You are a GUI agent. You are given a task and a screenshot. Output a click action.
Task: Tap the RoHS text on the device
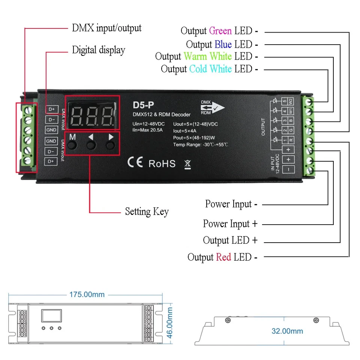pyautogui.click(x=162, y=163)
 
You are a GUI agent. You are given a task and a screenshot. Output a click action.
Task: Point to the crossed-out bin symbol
pyautogui.click(x=188, y=164)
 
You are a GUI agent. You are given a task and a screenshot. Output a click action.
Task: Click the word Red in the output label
pyautogui.click(x=223, y=257)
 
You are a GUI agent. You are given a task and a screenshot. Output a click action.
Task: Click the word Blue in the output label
pyautogui.click(x=223, y=45)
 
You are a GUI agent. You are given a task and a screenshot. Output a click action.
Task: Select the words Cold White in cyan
pyautogui.click(x=210, y=69)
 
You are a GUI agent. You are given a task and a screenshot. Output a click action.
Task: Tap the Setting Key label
pyautogui.click(x=147, y=211)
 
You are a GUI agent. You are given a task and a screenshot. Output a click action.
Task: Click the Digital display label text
pyautogui.click(x=99, y=50)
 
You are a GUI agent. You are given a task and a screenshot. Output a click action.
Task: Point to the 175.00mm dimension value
pyautogui.click(x=87, y=294)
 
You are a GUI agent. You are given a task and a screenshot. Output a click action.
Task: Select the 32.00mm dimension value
pyautogui.click(x=287, y=331)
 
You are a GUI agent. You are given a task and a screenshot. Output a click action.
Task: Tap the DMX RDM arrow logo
pyautogui.click(x=212, y=107)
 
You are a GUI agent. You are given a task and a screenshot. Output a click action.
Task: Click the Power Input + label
pyautogui.click(x=230, y=224)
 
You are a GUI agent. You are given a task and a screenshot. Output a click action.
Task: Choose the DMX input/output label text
pyautogui.click(x=106, y=28)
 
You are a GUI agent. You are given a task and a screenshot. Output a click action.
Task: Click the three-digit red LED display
pyautogui.click(x=93, y=113)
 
